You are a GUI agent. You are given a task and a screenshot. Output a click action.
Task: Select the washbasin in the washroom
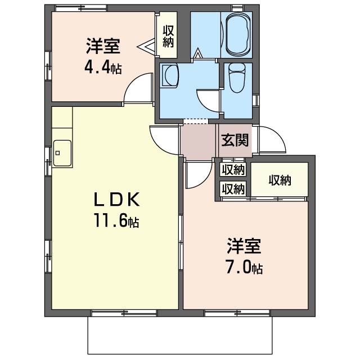170,75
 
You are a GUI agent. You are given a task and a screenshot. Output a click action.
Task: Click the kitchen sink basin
62,153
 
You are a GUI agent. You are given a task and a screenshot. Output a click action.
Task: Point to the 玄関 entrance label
235,140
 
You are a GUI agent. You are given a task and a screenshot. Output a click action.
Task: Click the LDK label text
116,200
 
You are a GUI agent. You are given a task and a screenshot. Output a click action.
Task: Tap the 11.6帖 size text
116,220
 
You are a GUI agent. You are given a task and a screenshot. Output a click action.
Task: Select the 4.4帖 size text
103,66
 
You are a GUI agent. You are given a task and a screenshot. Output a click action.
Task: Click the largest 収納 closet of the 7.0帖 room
279,179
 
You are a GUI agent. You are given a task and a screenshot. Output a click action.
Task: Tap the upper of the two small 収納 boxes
233,170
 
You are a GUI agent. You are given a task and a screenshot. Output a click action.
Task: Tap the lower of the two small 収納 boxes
233,189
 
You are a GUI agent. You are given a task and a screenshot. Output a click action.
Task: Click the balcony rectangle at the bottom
180,335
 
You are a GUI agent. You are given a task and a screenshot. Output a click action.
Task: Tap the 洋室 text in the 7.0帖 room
244,246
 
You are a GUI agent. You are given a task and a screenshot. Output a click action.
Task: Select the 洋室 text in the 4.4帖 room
103,46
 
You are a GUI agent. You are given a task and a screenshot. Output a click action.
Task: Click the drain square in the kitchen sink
57,153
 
